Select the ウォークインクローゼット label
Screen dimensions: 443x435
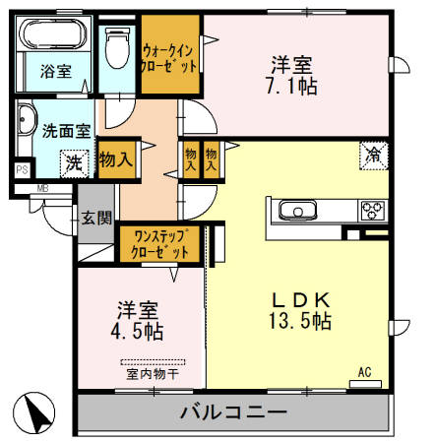[x=170, y=55]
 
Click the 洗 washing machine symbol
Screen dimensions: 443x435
[x=73, y=161]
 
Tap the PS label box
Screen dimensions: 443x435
[x=21, y=169]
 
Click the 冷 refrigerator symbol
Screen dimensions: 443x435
[x=374, y=154]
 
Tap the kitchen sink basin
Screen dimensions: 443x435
[x=295, y=210]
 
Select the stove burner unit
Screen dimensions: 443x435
[x=372, y=209]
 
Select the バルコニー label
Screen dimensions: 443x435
[x=233, y=412]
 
